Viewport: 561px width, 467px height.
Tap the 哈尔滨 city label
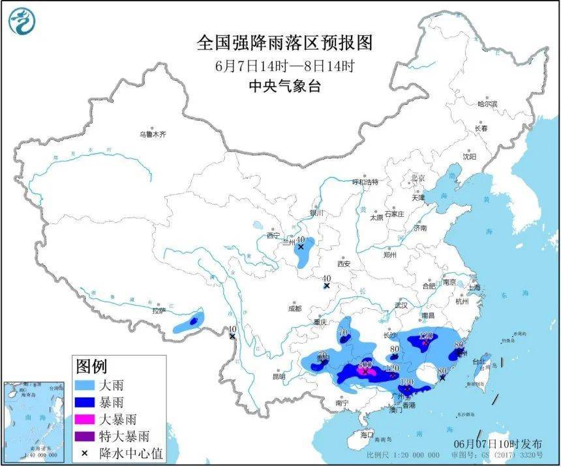(487, 104)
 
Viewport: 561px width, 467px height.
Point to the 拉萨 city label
(159, 311)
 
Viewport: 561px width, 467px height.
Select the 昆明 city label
(279, 376)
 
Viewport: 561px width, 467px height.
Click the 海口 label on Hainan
(367, 434)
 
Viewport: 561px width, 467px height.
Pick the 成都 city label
(294, 308)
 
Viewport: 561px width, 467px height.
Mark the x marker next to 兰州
(301, 247)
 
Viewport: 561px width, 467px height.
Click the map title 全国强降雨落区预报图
(284, 43)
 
